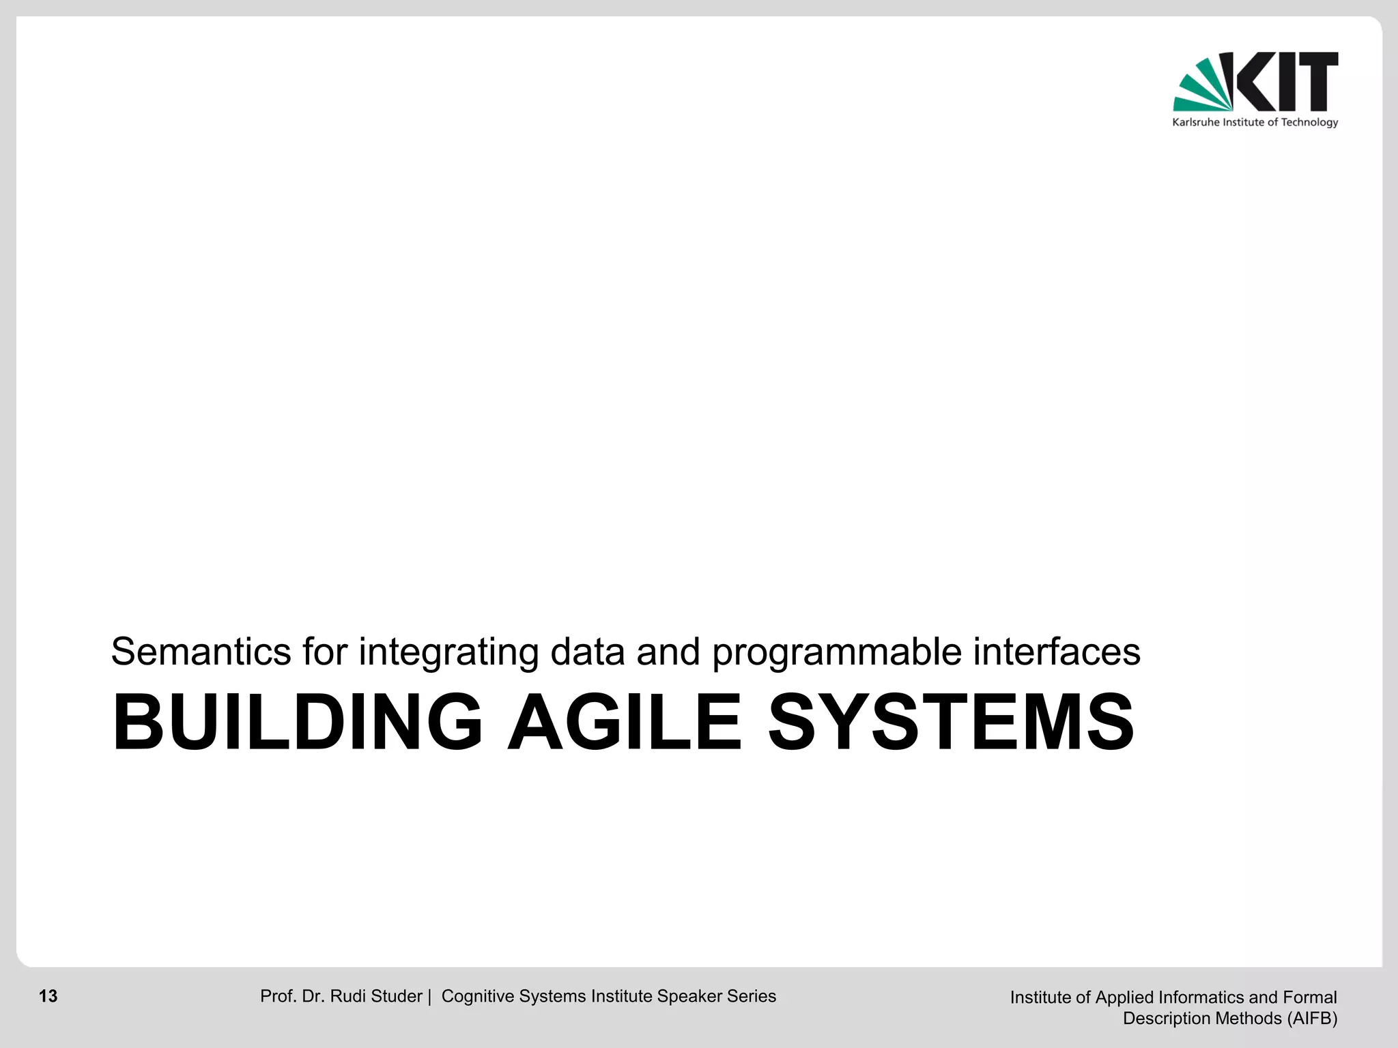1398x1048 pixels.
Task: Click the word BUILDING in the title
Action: click(x=298, y=723)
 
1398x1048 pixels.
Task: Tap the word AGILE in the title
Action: click(x=624, y=723)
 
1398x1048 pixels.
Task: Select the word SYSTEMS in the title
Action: click(x=951, y=723)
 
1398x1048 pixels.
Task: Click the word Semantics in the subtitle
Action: click(x=201, y=652)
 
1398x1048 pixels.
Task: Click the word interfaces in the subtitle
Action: click(x=1057, y=652)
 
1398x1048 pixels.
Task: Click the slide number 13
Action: click(x=48, y=996)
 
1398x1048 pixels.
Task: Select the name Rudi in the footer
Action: click(x=347, y=996)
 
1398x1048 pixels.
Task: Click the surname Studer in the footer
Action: click(x=397, y=996)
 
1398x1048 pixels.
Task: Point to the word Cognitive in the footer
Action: click(x=478, y=996)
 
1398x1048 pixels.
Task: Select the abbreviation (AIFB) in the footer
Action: click(x=1312, y=1019)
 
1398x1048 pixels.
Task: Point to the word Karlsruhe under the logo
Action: click(x=1195, y=123)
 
